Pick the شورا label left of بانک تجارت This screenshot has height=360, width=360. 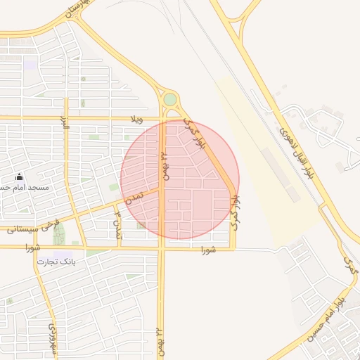pyautogui.click(x=30, y=247)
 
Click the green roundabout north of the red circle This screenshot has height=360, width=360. pyautogui.click(x=170, y=99)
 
